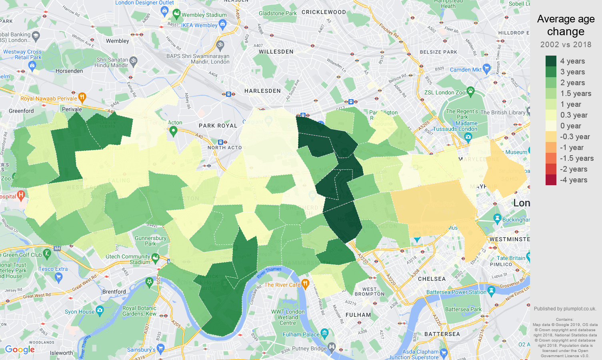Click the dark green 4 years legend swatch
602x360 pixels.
(551, 61)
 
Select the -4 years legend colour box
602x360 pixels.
(551, 180)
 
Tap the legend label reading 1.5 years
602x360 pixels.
(576, 94)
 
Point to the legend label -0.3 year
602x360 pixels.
(575, 137)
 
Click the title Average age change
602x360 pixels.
(566, 25)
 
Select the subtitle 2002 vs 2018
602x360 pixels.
(566, 44)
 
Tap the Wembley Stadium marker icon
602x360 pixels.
(176, 14)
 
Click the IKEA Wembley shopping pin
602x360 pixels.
(223, 24)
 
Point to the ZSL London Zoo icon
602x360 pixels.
(470, 92)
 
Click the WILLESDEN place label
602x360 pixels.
(276, 52)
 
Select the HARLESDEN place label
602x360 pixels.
(262, 91)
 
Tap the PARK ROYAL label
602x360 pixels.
(218, 126)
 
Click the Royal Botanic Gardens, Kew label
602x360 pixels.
(139, 311)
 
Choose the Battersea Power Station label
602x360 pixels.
(456, 292)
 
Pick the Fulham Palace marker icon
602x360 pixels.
(324, 333)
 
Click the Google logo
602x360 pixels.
(20, 350)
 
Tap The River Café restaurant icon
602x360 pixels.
(305, 284)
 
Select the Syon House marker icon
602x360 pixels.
(100, 310)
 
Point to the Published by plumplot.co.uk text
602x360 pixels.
(565, 309)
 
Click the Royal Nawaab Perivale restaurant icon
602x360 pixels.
(82, 97)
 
